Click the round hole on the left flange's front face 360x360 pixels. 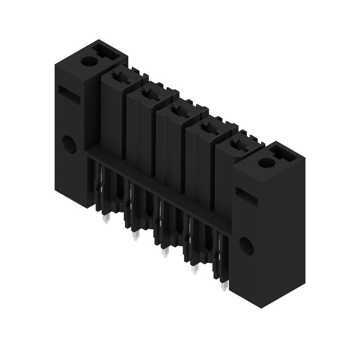tap(69, 144)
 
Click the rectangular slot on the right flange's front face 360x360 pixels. tap(246, 197)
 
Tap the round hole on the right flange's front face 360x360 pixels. tap(246, 246)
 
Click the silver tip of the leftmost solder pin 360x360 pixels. tap(106, 220)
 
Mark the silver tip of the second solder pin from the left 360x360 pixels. tap(135, 236)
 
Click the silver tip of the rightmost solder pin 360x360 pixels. tap(224, 287)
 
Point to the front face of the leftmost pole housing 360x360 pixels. tap(112, 115)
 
